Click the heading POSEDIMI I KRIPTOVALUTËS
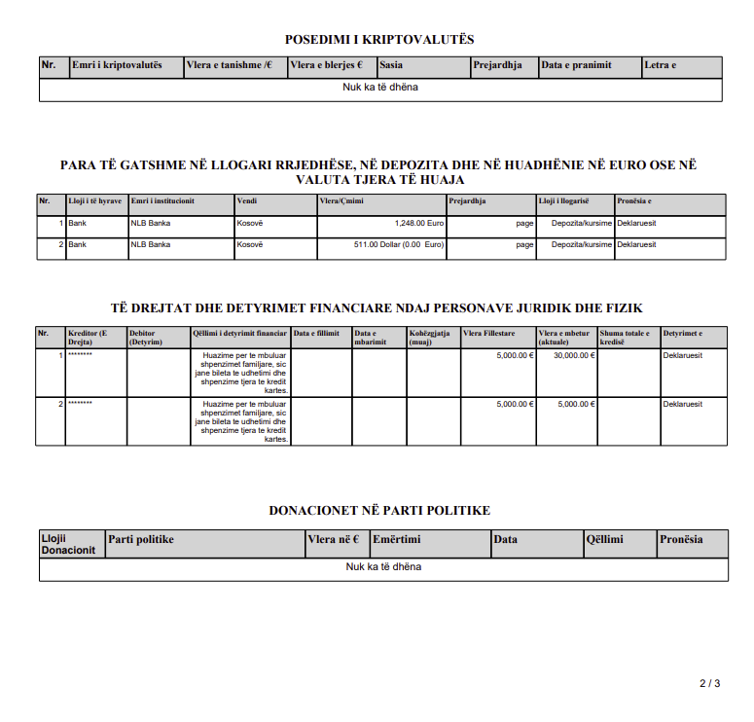point(379,40)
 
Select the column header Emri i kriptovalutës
point(117,66)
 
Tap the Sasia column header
point(392,66)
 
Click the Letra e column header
point(661,66)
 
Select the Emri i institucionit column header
point(162,200)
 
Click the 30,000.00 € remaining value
point(574,355)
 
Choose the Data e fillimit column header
point(316,334)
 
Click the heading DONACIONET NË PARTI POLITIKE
point(379,510)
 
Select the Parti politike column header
point(142,539)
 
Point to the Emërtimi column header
point(397,539)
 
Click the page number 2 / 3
point(709,683)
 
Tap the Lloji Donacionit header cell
point(69,544)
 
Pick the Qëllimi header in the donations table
point(604,539)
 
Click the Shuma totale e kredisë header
point(626,338)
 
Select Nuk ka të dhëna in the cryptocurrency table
point(380,87)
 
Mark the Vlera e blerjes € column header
point(327,66)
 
